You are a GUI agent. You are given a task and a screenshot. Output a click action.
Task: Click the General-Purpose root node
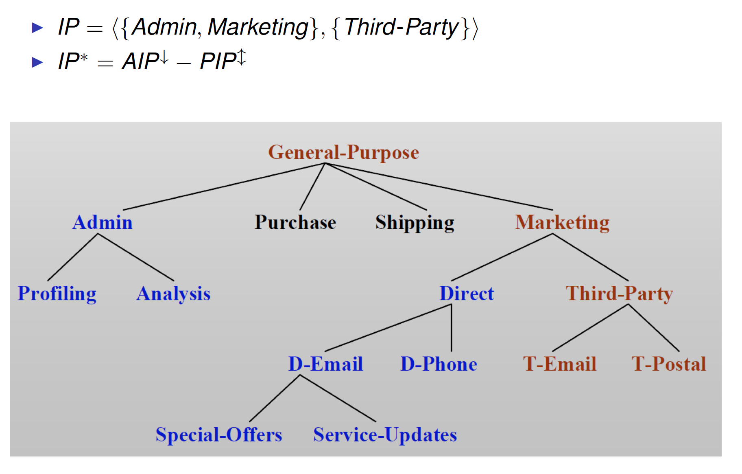[343, 152]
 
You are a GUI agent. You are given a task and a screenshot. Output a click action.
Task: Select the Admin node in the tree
[103, 222]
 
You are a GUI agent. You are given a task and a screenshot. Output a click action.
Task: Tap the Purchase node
[295, 222]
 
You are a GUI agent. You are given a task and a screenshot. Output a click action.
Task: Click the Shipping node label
[415, 223]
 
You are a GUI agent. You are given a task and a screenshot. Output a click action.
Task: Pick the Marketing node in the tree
[562, 223]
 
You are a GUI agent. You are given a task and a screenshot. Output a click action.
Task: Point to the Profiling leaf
[57, 294]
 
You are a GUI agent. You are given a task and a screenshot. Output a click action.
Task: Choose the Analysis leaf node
[173, 294]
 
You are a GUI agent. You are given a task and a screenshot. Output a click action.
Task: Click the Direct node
[467, 294]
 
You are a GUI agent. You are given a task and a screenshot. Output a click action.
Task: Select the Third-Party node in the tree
[619, 294]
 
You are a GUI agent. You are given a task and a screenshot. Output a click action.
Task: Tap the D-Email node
[325, 364]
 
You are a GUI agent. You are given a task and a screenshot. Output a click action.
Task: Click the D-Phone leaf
[439, 364]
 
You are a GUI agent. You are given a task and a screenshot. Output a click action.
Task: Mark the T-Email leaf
[560, 364]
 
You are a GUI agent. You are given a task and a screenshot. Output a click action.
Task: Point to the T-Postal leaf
[669, 364]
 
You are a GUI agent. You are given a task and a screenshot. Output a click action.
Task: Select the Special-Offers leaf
[219, 434]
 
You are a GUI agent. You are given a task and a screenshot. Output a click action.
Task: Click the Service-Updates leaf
[385, 434]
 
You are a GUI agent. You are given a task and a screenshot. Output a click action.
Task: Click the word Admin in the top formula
[164, 27]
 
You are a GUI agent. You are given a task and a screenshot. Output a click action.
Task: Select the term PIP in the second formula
[218, 61]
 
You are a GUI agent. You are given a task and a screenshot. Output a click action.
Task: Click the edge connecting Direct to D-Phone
[452, 328]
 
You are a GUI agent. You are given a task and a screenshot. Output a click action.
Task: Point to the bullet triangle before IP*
[37, 62]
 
